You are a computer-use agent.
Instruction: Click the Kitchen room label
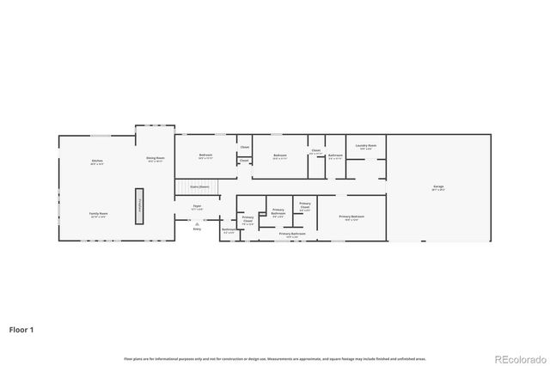(97, 162)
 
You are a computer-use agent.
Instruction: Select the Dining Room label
(155, 158)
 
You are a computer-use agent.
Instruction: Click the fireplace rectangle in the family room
(139, 205)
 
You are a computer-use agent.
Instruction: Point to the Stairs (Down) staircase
(199, 187)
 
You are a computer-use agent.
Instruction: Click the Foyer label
(197, 206)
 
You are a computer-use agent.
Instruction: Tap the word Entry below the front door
(197, 229)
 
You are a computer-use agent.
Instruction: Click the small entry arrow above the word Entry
(197, 223)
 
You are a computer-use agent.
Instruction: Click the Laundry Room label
(366, 146)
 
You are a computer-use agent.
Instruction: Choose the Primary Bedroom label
(351, 217)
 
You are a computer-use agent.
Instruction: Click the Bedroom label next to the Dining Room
(205, 156)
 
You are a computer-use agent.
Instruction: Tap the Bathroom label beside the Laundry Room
(335, 156)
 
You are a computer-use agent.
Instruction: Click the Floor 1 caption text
(22, 329)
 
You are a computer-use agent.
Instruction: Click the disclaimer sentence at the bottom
(274, 358)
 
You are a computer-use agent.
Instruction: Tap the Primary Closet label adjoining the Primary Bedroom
(305, 206)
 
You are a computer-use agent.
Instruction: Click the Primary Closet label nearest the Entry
(247, 220)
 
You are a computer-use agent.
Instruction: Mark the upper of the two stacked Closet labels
(244, 147)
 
